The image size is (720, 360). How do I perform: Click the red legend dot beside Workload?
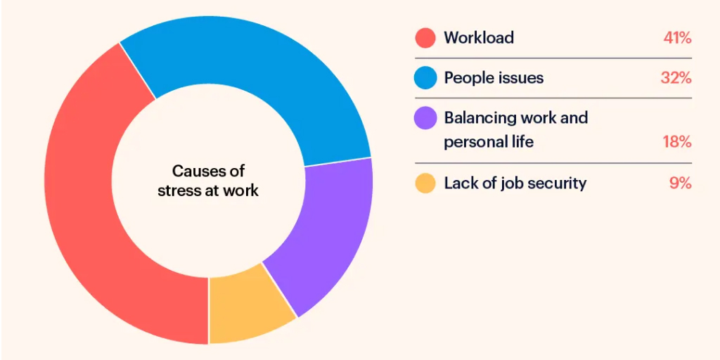425,38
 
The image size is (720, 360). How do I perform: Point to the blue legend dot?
425,78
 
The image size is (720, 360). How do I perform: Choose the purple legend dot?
425,117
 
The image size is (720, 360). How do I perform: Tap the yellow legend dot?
425,184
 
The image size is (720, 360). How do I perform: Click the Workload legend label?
479,38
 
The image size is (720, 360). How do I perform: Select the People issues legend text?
494,78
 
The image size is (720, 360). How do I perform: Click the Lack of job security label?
515,184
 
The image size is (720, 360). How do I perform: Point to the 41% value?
677,38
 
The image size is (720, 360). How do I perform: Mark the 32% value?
676,78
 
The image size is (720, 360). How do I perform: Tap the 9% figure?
681,184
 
